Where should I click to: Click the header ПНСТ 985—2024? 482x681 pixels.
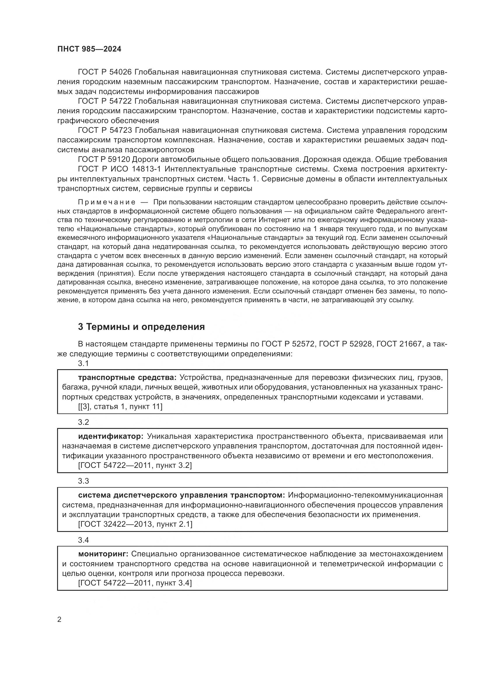click(89, 49)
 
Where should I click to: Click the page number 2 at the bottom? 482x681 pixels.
click(59, 620)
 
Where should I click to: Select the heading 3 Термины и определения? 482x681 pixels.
click(141, 327)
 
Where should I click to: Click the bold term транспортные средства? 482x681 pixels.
click(127, 378)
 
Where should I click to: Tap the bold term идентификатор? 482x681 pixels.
click(111, 436)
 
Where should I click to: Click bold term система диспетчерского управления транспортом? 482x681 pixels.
click(182, 495)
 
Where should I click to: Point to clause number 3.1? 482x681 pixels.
click(83, 363)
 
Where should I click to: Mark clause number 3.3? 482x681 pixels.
click(83, 481)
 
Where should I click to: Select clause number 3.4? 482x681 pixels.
click(83, 540)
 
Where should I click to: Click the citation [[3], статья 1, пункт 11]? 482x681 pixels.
click(120, 407)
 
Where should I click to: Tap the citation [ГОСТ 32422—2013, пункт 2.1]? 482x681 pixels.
click(135, 524)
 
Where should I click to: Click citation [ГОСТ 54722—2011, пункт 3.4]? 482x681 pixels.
click(135, 583)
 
